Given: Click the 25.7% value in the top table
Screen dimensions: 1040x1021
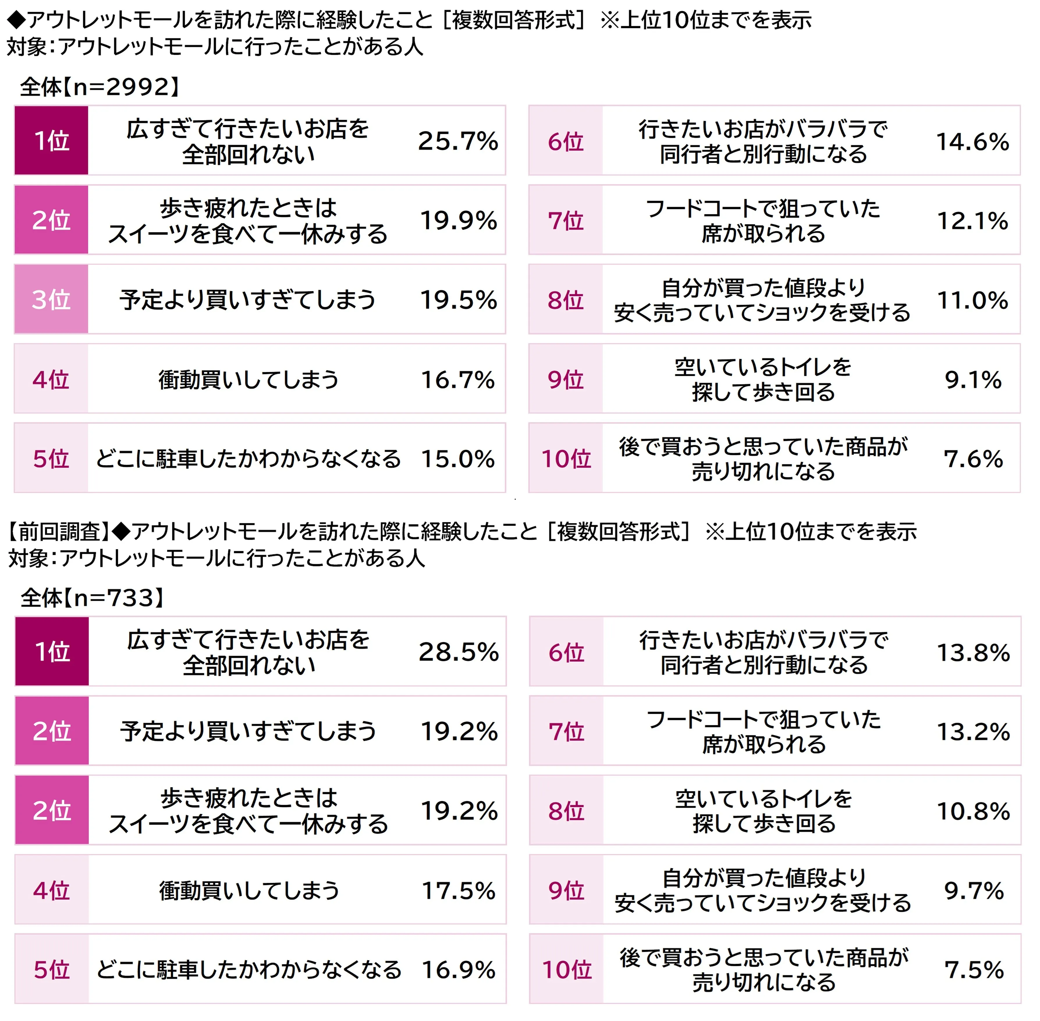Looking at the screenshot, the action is tap(458, 141).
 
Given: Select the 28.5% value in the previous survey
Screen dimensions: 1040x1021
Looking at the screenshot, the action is tap(458, 652).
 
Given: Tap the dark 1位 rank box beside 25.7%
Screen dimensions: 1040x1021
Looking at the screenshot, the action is tap(52, 141).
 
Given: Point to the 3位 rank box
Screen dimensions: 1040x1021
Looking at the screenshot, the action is tap(52, 299).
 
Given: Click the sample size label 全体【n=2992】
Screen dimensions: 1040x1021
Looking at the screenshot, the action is tap(100, 87).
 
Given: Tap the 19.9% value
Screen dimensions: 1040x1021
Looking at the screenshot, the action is tap(458, 220).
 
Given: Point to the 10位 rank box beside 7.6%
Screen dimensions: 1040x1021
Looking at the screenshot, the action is tap(566, 458).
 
